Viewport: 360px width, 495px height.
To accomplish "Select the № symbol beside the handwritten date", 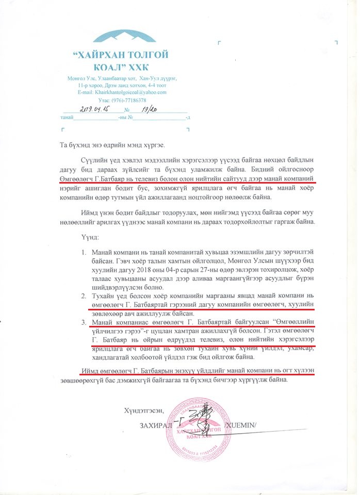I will pos(127,111).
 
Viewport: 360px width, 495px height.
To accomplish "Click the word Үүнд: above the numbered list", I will pos(90,239).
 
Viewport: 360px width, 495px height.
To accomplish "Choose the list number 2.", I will pos(83,298).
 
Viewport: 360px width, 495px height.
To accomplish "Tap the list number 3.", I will pos(83,323).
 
